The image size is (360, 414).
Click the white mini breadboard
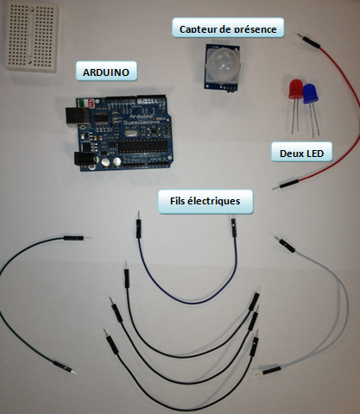click(x=31, y=36)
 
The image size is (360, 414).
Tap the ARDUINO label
click(x=106, y=72)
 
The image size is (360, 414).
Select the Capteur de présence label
click(x=228, y=28)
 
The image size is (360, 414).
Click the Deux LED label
click(x=301, y=153)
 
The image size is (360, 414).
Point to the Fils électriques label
click(x=205, y=201)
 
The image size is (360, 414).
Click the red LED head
click(x=295, y=90)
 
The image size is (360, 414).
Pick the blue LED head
click(x=310, y=93)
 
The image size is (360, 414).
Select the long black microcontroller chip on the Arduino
click(x=143, y=146)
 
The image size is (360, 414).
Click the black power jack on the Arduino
click(x=84, y=159)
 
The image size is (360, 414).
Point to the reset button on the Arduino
click(x=153, y=131)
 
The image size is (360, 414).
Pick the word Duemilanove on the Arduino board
click(x=142, y=122)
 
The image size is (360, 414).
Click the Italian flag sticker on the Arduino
click(x=83, y=103)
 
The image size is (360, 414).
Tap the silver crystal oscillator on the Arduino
click(x=130, y=134)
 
